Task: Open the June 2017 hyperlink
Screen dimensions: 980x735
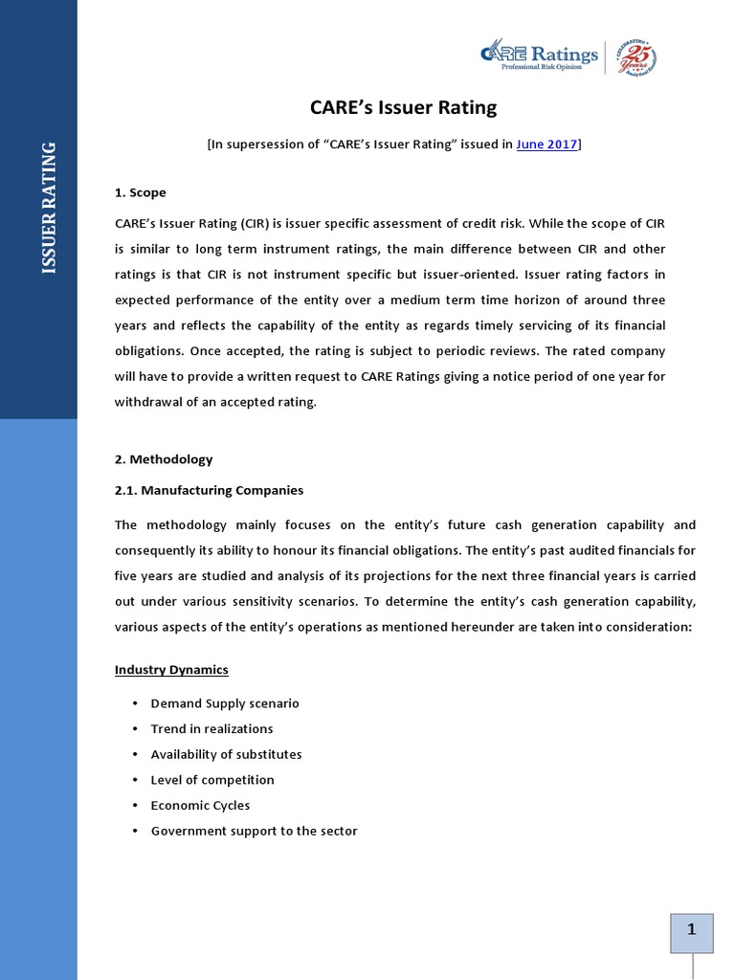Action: (546, 145)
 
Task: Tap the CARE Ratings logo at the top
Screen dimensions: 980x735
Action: (540, 56)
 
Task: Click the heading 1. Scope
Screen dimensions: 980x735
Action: (140, 192)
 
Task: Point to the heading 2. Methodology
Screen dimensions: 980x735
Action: (164, 459)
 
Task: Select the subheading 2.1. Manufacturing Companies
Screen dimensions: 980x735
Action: (209, 490)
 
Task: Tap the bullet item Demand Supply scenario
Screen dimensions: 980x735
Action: (225, 703)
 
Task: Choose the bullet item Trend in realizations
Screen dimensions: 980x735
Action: (212, 728)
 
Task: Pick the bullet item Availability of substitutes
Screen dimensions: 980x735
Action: (226, 754)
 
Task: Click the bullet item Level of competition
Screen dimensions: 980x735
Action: (212, 780)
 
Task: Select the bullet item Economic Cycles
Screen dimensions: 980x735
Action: (200, 805)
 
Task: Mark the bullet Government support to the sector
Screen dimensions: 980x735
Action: (254, 831)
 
